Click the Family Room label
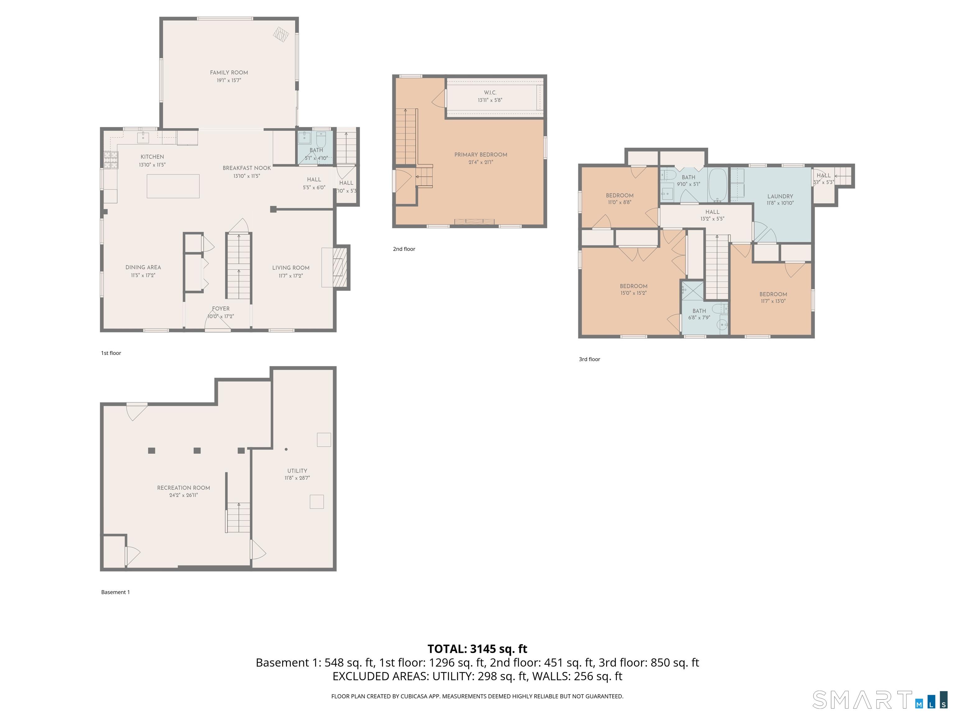pyautogui.click(x=229, y=72)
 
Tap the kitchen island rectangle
pyautogui.click(x=173, y=186)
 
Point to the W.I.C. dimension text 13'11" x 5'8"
pyautogui.click(x=490, y=100)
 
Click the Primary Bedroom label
pyautogui.click(x=481, y=154)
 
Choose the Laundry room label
pyautogui.click(x=780, y=196)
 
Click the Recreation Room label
pyautogui.click(x=183, y=488)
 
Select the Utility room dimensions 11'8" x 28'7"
pyautogui.click(x=297, y=478)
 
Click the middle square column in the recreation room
pyautogui.click(x=197, y=451)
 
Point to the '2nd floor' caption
pyautogui.click(x=404, y=249)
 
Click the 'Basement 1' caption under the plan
pyautogui.click(x=115, y=592)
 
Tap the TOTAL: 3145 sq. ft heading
pyautogui.click(x=477, y=649)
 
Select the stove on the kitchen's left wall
pyautogui.click(x=111, y=160)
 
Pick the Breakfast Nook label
pyautogui.click(x=247, y=168)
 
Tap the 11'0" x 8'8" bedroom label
pyautogui.click(x=620, y=195)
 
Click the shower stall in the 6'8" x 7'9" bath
pyautogui.click(x=693, y=291)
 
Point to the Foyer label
pyautogui.click(x=221, y=309)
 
